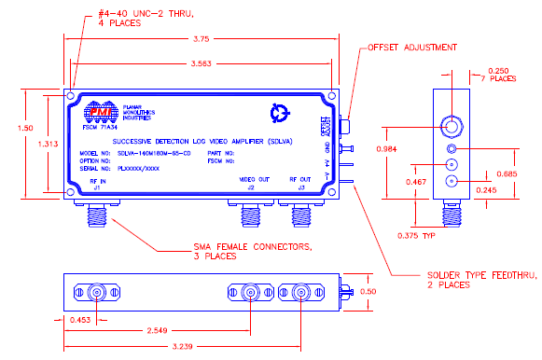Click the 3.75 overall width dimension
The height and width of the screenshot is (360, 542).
(x=200, y=40)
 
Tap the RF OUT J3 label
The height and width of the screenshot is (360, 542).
(x=300, y=182)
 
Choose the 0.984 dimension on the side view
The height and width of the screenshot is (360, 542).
(x=395, y=150)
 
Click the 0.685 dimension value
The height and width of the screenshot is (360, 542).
(x=506, y=173)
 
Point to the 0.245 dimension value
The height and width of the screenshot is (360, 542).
(x=486, y=190)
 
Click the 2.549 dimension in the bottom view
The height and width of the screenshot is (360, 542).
(x=159, y=331)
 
